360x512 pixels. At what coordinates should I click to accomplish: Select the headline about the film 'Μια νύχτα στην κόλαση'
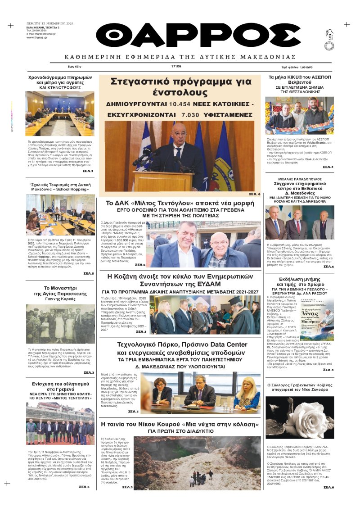coord(180,424)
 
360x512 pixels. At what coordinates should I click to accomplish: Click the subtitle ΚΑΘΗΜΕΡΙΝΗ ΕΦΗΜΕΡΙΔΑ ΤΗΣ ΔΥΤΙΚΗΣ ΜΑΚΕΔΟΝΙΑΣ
coord(180,57)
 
